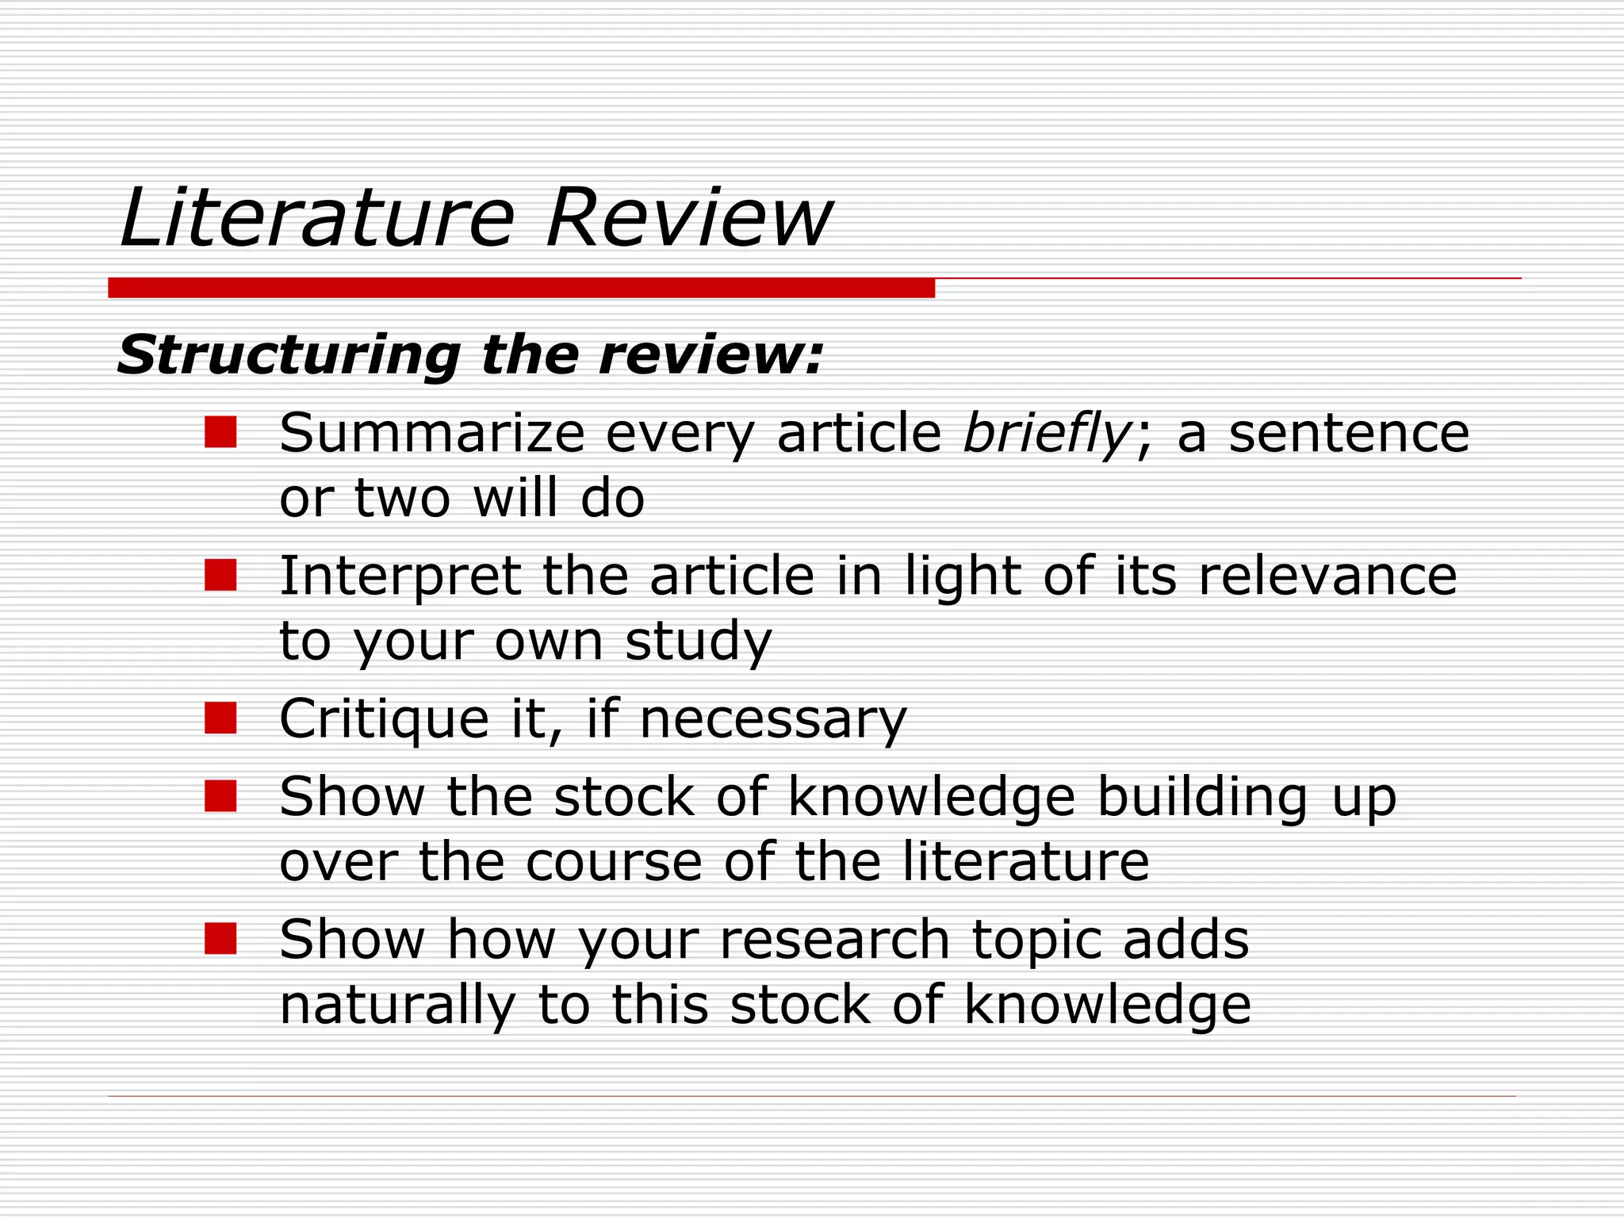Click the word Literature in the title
coord(317,217)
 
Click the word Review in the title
coord(688,217)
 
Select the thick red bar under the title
coord(521,288)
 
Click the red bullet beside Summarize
coord(220,432)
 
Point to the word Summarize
coord(432,434)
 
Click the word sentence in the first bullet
coord(1348,434)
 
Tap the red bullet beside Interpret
coord(220,575)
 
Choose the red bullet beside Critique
coord(220,718)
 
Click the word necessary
coord(772,719)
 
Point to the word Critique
coord(384,719)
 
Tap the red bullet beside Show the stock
coord(220,795)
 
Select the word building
coord(1202,797)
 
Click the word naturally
coord(397,1005)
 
